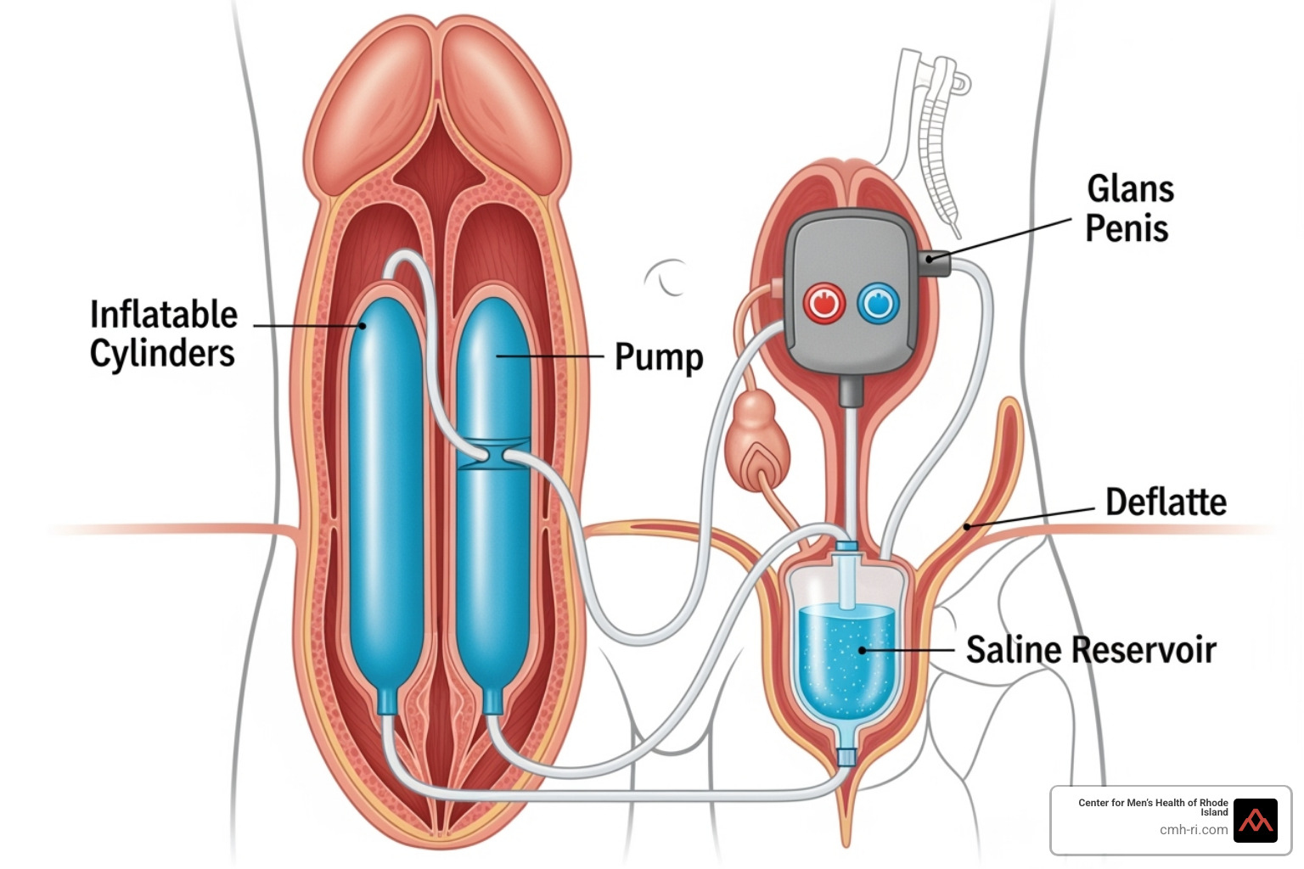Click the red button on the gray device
pos(823,304)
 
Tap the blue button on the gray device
pos(879,303)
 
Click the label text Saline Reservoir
pos(1091,650)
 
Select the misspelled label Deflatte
pos(1166,502)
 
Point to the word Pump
pos(659,357)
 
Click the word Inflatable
pos(164,315)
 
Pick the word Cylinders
pos(162,353)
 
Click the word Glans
pos(1130,189)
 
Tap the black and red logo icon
pos(1255,821)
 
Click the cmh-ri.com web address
pos(1194,830)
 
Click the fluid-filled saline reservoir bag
pos(846,653)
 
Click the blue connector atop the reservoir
pos(846,548)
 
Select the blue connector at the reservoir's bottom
pos(846,755)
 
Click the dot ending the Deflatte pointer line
pos(967,526)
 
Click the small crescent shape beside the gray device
pos(666,277)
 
